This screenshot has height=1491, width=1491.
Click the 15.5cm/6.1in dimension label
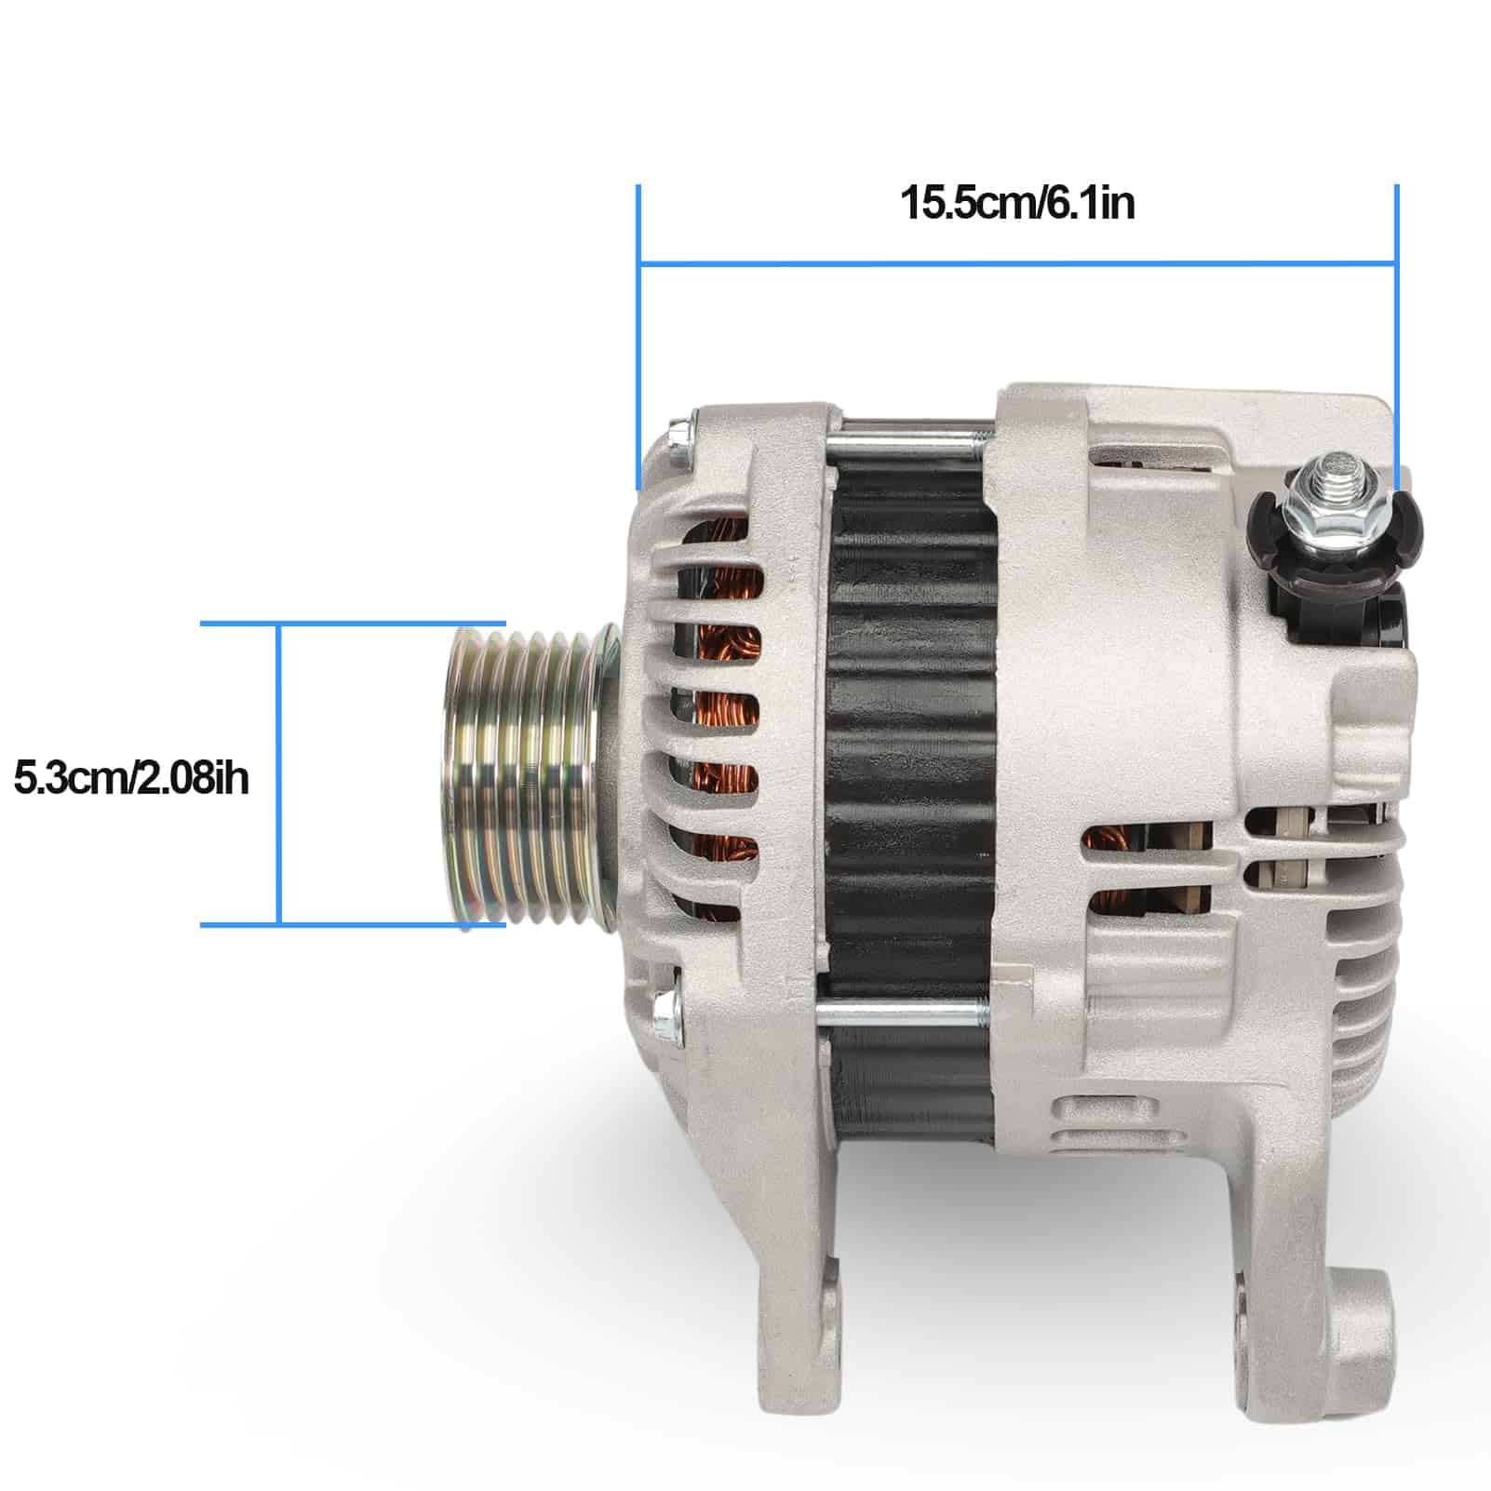(1017, 204)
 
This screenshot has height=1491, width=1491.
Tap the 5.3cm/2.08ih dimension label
(131, 778)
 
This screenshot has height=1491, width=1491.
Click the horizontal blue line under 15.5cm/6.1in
(1017, 263)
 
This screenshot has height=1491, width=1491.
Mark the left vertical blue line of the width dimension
(638, 337)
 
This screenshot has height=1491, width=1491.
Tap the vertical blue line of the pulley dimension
(278, 774)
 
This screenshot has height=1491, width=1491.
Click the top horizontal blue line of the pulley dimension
(354, 624)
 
